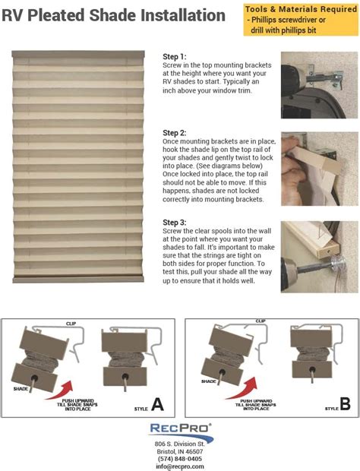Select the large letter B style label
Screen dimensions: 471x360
345,405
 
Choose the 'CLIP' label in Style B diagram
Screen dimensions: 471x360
261,321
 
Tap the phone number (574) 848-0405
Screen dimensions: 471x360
179,458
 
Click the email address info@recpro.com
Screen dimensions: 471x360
179,466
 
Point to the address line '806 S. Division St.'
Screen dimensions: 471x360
179,443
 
